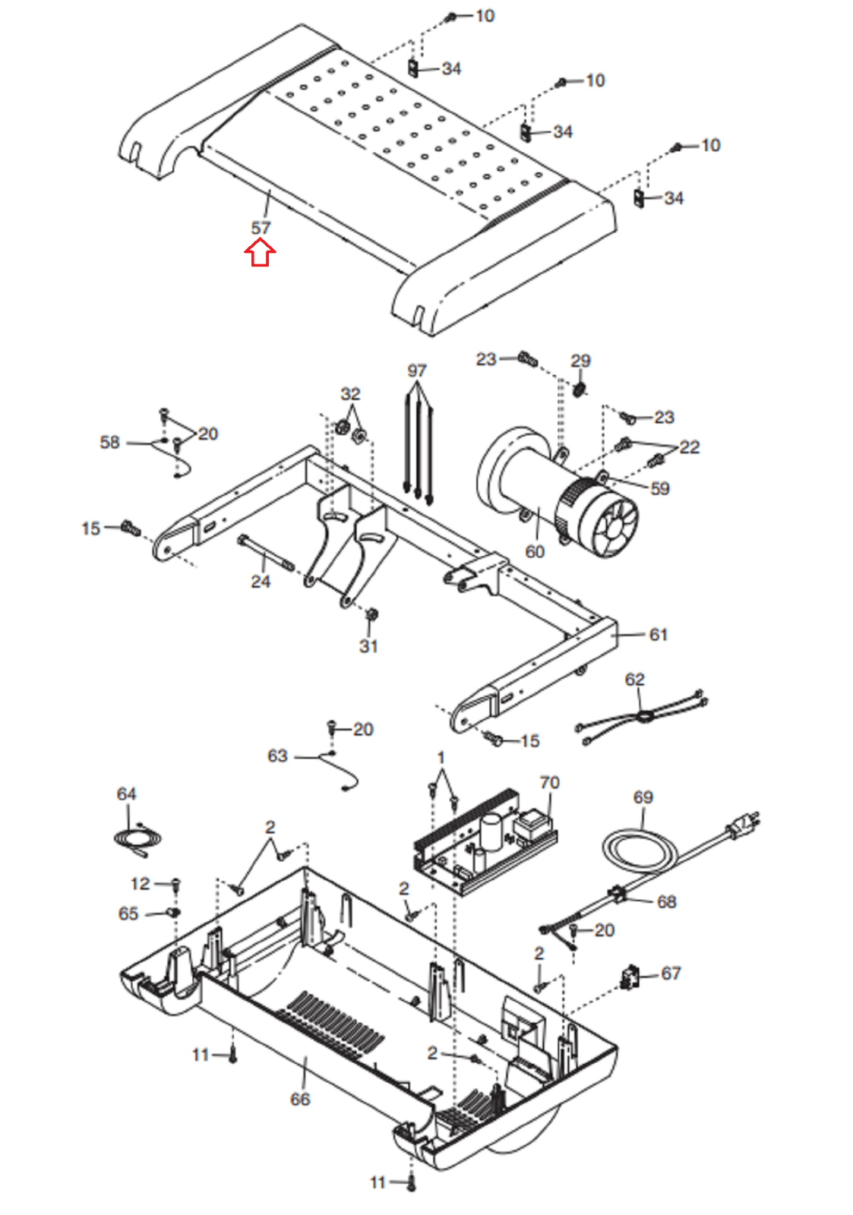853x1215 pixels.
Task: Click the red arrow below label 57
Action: point(260,254)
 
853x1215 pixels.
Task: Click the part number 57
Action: point(261,228)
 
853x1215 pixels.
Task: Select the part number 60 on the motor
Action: point(535,551)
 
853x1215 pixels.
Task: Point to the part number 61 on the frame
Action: point(659,634)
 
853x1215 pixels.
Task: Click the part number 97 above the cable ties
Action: point(417,371)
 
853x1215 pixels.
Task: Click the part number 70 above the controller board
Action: point(549,783)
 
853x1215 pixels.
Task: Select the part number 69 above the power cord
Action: point(643,797)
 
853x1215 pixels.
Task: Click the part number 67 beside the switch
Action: point(671,974)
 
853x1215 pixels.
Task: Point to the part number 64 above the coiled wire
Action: point(126,794)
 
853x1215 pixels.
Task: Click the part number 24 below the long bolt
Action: point(261,582)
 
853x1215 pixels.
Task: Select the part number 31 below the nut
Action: point(368,646)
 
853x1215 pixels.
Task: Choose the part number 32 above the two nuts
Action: point(350,394)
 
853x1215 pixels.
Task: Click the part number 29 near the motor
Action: point(580,361)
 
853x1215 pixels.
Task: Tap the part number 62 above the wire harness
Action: point(634,679)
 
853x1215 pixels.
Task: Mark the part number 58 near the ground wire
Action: point(109,442)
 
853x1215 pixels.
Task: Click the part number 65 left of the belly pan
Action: point(128,914)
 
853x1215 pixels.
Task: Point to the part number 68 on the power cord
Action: point(667,901)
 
